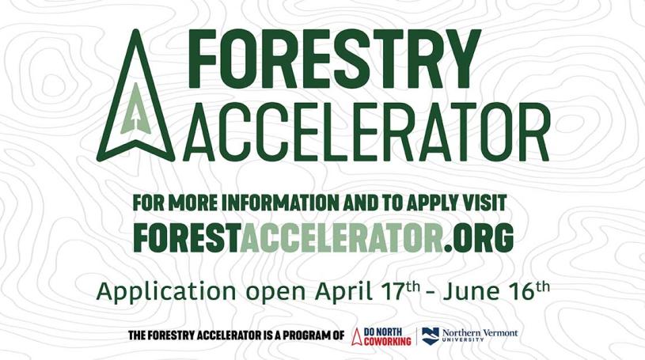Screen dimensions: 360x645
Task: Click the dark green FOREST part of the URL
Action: coord(186,237)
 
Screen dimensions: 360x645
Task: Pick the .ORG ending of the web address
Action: coord(478,237)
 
